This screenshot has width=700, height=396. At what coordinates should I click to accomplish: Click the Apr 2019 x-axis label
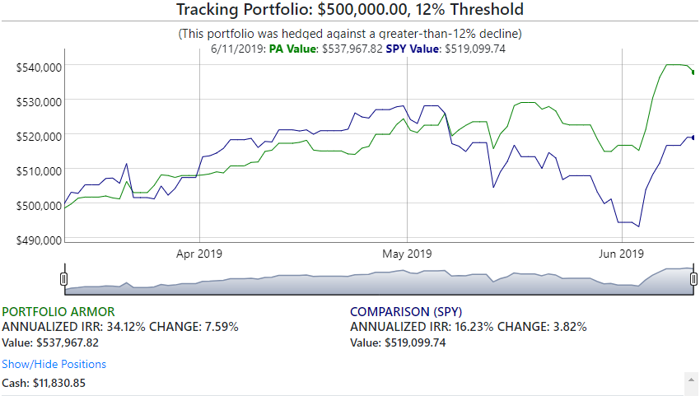[x=199, y=254]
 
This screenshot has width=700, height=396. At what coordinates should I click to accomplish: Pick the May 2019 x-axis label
[x=408, y=254]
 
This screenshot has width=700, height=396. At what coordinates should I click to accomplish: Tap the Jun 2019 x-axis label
[x=621, y=254]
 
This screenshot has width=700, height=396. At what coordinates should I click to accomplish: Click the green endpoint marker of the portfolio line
[x=693, y=72]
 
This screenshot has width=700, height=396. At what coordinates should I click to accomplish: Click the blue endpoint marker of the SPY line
[x=693, y=137]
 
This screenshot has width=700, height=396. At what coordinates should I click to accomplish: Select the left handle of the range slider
[x=64, y=279]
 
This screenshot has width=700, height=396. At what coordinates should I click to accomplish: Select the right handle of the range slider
[x=693, y=279]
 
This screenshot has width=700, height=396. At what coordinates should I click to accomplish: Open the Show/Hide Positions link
[x=54, y=364]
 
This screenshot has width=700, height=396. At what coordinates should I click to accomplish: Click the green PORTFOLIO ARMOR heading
[x=58, y=312]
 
